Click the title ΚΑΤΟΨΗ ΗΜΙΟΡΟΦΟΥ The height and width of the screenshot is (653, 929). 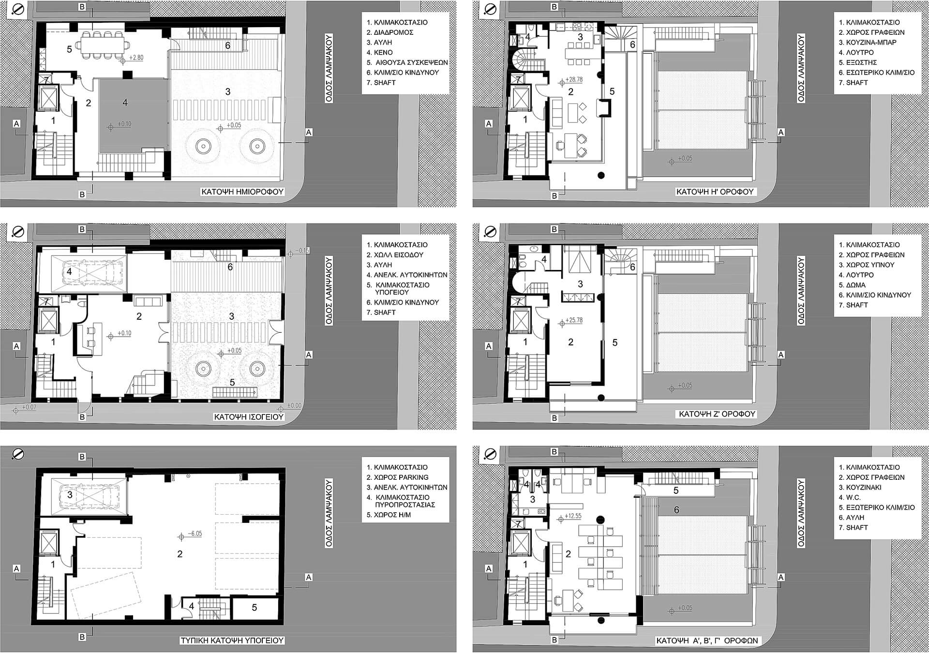click(x=242, y=192)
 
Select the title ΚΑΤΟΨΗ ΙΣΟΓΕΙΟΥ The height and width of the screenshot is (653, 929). click(x=249, y=416)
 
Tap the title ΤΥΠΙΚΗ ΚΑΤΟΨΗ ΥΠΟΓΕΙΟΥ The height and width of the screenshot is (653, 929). click(x=232, y=640)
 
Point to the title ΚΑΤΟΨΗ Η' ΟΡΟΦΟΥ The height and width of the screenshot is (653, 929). click(x=715, y=192)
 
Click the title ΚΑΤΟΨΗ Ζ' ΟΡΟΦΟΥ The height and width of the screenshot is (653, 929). click(x=717, y=414)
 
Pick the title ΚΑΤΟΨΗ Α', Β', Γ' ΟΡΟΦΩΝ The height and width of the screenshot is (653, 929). click(x=707, y=640)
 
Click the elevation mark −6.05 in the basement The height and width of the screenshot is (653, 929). click(x=194, y=534)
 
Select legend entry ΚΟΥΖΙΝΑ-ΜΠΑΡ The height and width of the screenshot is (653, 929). click(x=871, y=42)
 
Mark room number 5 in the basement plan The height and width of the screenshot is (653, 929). click(x=255, y=608)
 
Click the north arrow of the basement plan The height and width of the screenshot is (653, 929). click(x=18, y=454)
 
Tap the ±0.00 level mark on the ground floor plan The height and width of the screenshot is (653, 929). click(x=294, y=405)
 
